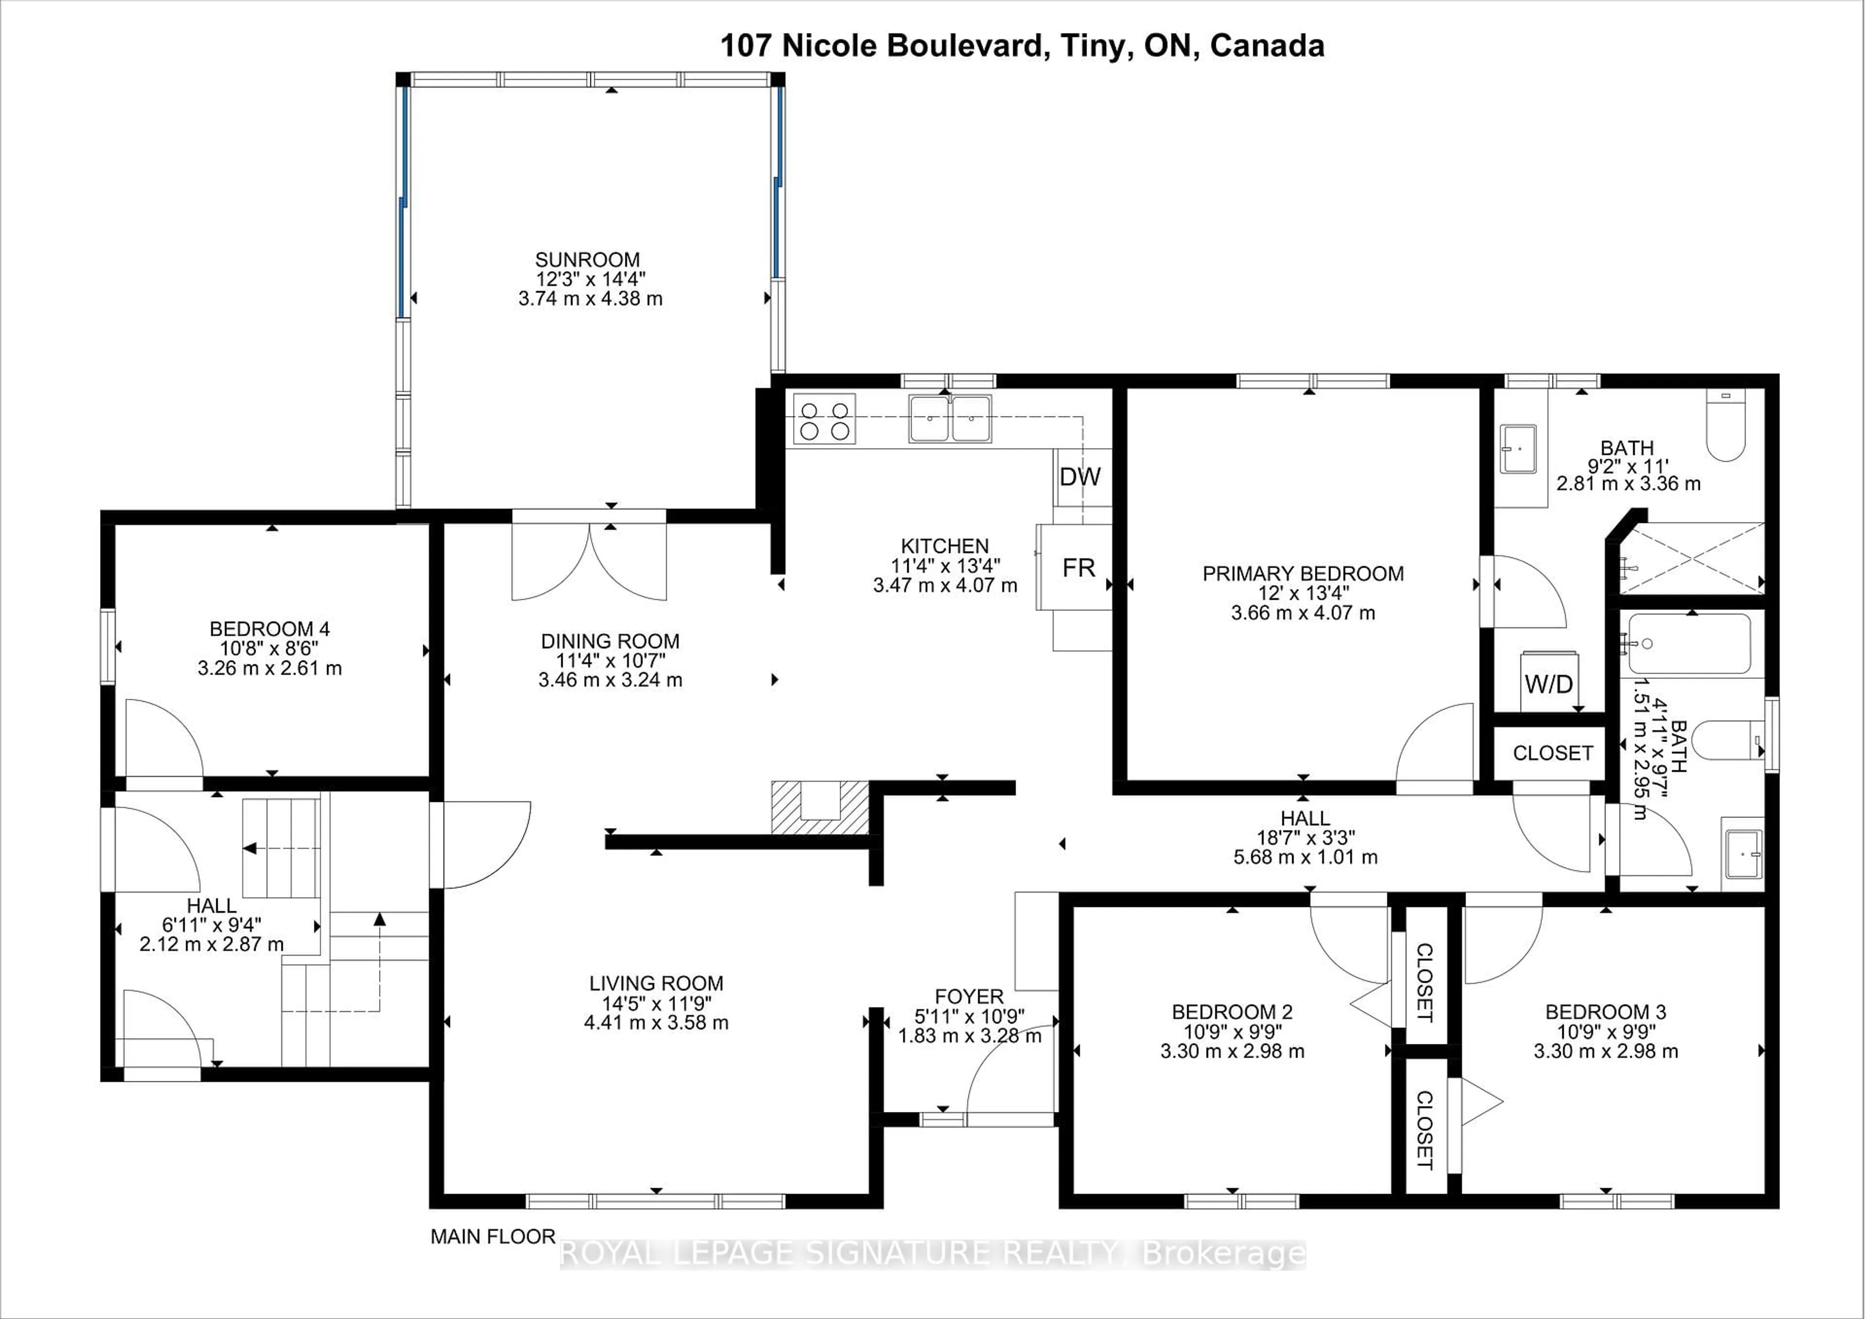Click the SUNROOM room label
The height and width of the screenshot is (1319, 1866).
587,260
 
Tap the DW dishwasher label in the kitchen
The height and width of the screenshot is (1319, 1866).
1080,477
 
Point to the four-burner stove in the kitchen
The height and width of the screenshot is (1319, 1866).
824,418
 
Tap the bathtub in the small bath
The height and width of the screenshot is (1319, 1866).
1689,643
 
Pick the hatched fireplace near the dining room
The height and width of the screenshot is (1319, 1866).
820,807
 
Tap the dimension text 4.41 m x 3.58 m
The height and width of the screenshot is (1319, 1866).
656,1023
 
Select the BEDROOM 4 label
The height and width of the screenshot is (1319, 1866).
269,629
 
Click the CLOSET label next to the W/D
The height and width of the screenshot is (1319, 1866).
1552,753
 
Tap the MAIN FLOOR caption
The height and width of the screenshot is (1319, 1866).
493,1237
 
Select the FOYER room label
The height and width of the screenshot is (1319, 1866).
969,996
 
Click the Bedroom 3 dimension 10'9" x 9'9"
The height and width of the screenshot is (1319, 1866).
1605,1031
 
